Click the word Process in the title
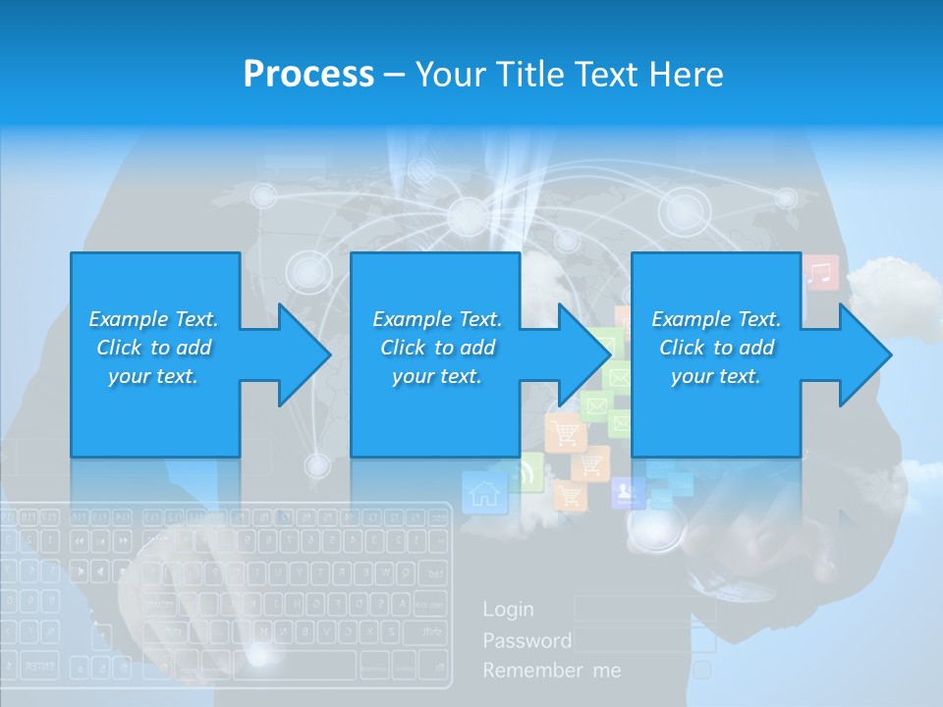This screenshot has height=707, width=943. pos(308,74)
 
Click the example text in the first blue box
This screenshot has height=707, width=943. pos(153,348)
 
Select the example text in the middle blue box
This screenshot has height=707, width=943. pos(437,348)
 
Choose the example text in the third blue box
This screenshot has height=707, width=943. pos(716,348)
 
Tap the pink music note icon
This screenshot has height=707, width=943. pos(821,273)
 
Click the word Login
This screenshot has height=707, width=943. pos(508,609)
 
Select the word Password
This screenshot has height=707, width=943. pos(527,640)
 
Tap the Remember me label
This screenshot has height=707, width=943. pos(551,671)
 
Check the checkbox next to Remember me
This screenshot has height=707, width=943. pos(702,670)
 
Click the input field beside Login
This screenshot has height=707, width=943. pos(644,609)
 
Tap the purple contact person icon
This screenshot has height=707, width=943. pos(625,492)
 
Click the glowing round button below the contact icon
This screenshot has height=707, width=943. pos(654,530)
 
